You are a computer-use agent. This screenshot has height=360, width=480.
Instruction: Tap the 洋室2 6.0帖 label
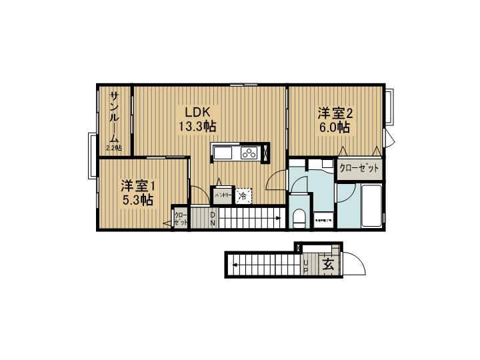pos(334,119)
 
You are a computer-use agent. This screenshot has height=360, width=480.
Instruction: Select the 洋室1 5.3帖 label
pos(137,191)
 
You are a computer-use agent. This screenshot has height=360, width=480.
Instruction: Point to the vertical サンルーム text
pos(115,117)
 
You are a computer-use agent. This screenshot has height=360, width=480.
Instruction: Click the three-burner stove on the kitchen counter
pos(250,153)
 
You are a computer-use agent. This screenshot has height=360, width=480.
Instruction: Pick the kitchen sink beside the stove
pos(223,153)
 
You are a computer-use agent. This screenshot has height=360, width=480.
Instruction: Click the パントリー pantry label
pos(223,195)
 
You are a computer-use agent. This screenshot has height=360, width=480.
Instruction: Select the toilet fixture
pos(299,217)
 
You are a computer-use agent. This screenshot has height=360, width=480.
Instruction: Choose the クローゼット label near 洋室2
pos(359,169)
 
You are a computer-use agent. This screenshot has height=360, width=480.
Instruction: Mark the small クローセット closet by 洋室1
pos(179,218)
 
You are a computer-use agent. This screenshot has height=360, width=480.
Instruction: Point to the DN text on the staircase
pos(213,218)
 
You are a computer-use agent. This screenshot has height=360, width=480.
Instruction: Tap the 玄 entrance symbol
pos(328,265)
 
